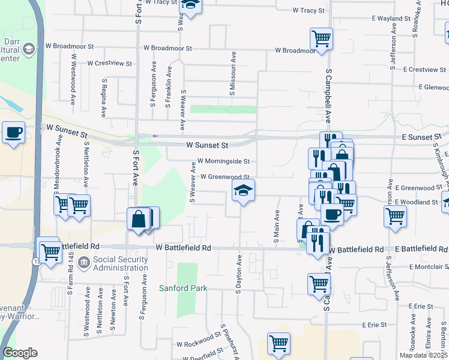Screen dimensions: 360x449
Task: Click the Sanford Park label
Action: tap(182, 288)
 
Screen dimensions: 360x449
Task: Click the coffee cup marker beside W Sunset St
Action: tap(13, 133)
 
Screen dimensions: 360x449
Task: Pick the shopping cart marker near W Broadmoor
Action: tap(322, 40)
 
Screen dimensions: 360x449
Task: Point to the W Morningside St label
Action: tap(223, 161)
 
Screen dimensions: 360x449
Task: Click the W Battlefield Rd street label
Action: tap(184, 247)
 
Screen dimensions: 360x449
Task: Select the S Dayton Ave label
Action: tap(238, 273)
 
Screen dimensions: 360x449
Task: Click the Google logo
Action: tap(20, 353)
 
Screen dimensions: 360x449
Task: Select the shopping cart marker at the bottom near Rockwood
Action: tap(279, 344)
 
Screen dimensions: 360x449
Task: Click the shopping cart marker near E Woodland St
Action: tap(394, 217)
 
